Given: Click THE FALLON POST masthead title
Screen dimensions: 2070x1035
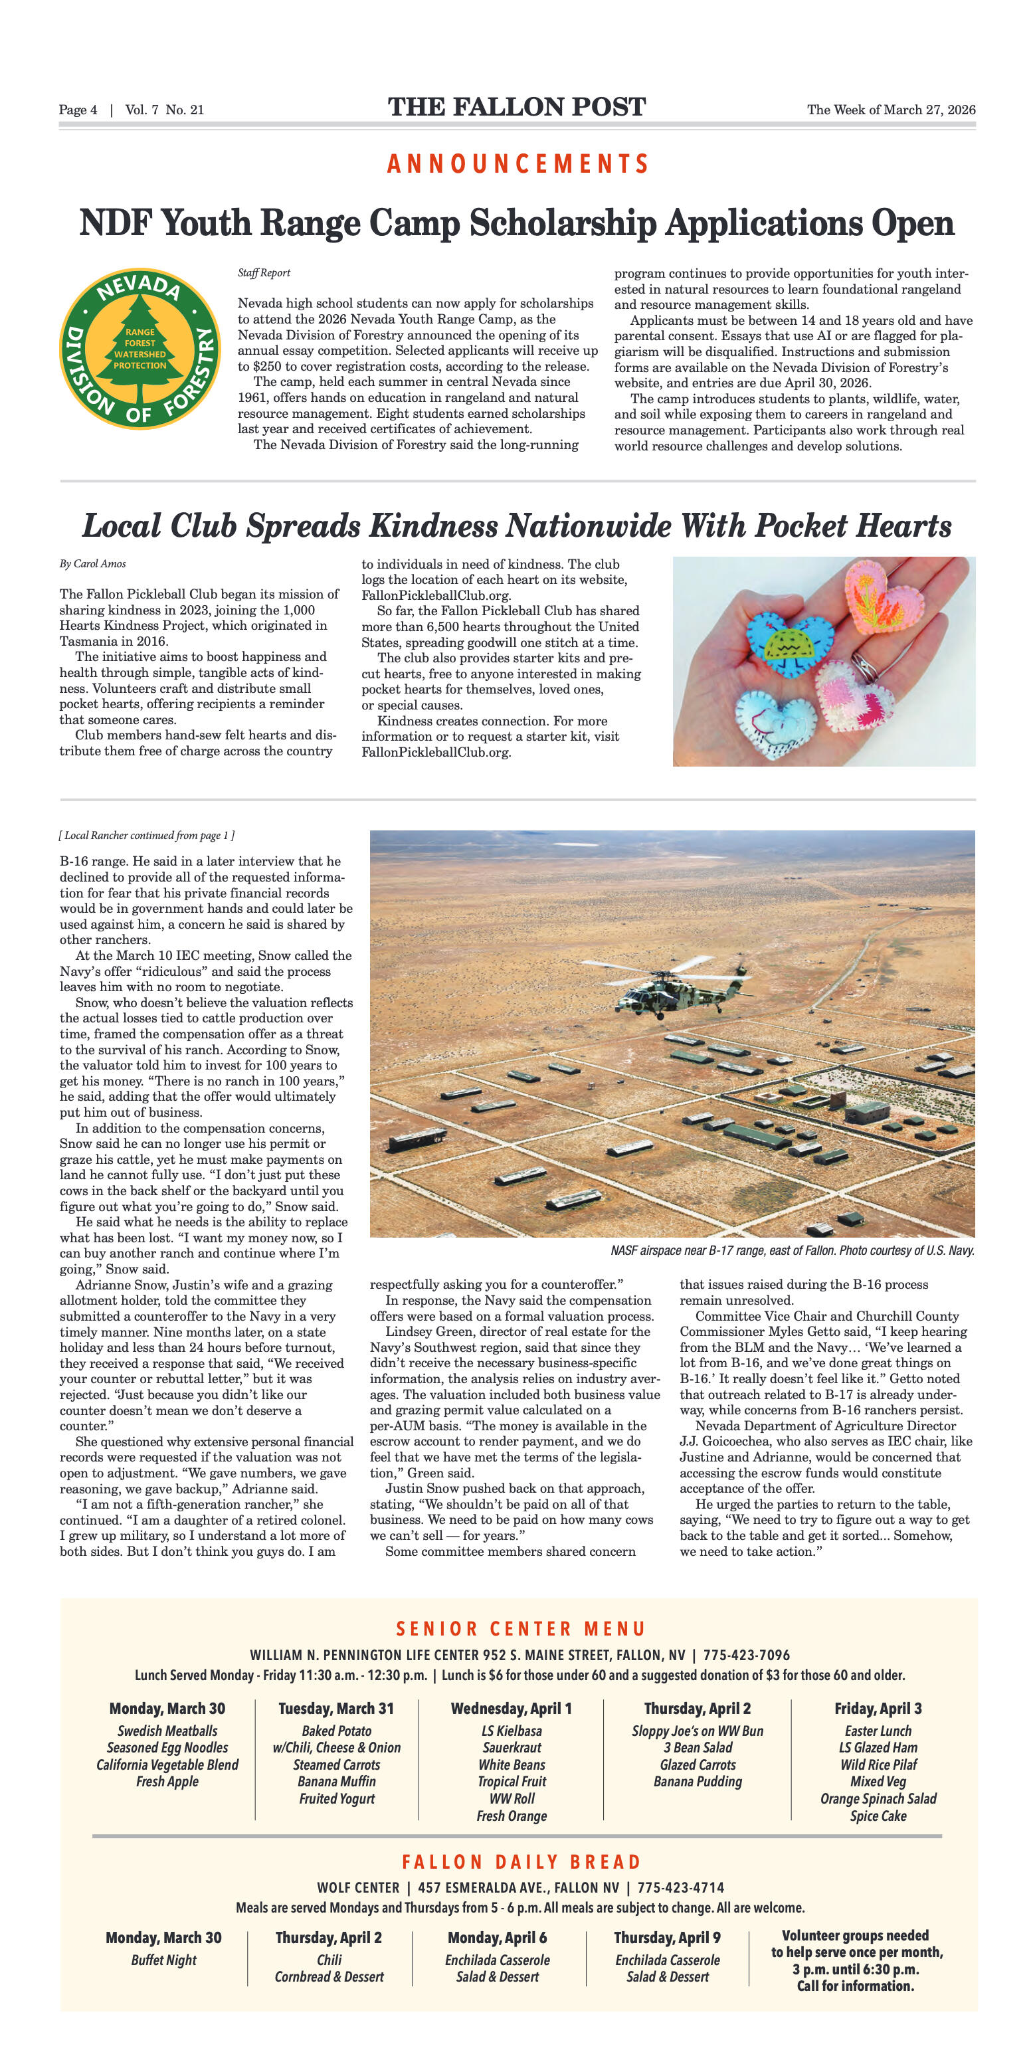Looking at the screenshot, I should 517,107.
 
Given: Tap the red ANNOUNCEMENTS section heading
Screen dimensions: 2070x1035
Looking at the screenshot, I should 517,164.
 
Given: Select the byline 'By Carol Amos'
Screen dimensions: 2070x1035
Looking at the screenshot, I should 92,563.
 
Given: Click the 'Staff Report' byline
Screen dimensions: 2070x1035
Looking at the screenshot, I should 264,272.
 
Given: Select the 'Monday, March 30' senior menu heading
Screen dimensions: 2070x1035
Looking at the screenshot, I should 167,1709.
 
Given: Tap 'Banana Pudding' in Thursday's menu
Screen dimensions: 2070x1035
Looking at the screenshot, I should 698,1782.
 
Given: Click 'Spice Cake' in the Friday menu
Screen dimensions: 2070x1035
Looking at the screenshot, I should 878,1816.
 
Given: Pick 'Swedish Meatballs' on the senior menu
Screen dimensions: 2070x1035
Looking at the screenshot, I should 167,1731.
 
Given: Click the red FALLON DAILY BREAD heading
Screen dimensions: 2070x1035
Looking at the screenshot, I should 521,1862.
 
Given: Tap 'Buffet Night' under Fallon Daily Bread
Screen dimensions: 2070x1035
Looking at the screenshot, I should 164,1960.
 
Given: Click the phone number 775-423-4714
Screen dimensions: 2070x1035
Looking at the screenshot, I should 681,1887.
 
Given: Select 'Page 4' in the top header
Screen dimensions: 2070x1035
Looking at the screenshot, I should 78,110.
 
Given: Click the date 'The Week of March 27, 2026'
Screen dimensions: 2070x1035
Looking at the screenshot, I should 890,110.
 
